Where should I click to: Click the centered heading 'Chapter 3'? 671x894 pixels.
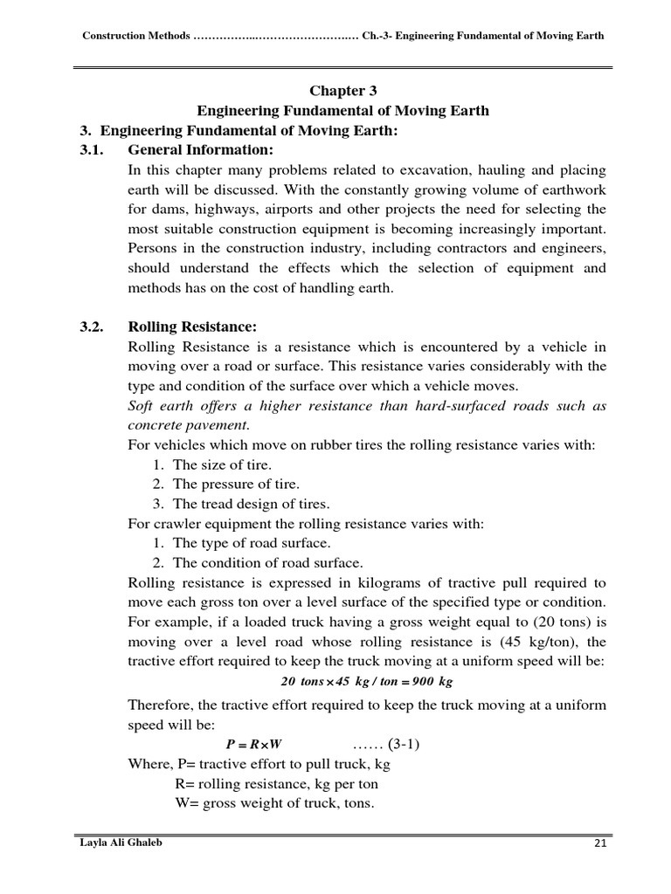pos(342,91)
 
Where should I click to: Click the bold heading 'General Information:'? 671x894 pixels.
pos(201,150)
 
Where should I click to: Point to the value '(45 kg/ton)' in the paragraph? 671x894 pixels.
pos(536,641)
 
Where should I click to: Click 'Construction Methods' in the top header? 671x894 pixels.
pos(135,36)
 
